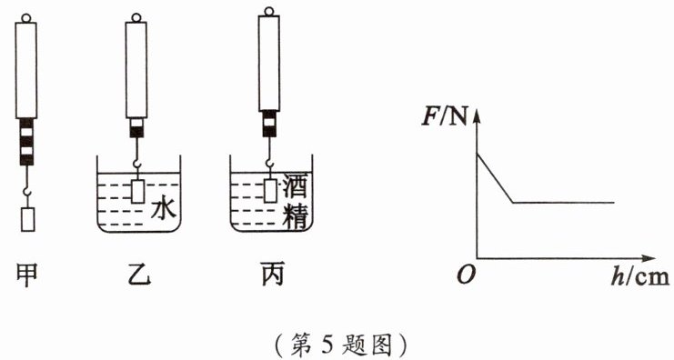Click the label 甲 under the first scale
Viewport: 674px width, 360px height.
pyautogui.click(x=26, y=275)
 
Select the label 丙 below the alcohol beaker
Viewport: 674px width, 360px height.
pyautogui.click(x=272, y=275)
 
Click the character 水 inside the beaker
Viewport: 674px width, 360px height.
pyautogui.click(x=164, y=210)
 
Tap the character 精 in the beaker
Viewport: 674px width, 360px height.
pyautogui.click(x=296, y=214)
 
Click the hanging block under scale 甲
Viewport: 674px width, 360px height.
pyautogui.click(x=27, y=219)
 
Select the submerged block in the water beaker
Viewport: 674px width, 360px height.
pyautogui.click(x=137, y=192)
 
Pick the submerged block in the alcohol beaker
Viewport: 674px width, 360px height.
pyautogui.click(x=270, y=191)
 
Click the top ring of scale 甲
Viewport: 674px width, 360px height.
pyautogui.click(x=25, y=18)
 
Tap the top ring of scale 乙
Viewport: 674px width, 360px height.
pyautogui.click(x=136, y=17)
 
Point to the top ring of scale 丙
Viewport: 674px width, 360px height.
pyautogui.click(x=268, y=11)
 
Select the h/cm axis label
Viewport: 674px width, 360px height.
pyautogui.click(x=639, y=276)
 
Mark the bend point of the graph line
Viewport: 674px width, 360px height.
pyautogui.click(x=513, y=202)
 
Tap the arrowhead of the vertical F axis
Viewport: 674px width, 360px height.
pyautogui.click(x=477, y=116)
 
